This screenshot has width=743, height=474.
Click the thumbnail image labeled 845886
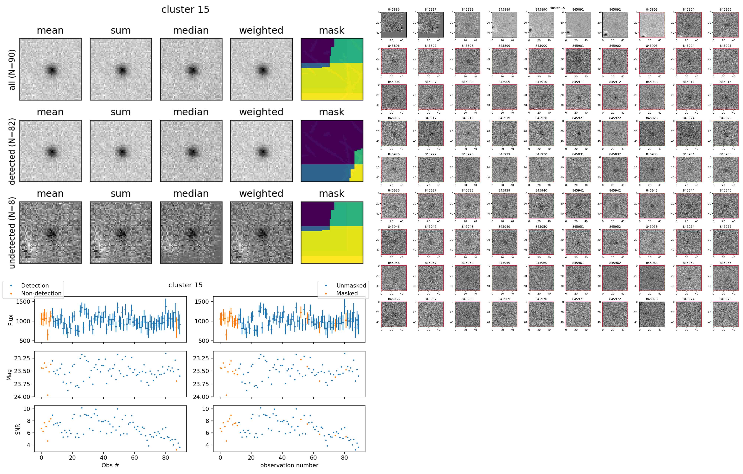click(x=394, y=25)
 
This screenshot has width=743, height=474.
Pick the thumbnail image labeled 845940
click(x=541, y=206)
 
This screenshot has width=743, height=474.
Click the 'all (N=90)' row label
click(x=12, y=70)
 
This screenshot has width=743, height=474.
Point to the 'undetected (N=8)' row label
click(x=12, y=235)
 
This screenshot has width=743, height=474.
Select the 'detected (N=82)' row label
click(x=12, y=151)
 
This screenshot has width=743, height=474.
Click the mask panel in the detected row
click(x=332, y=151)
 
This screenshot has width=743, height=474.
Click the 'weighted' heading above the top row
click(x=261, y=30)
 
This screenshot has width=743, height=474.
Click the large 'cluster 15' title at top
click(x=185, y=9)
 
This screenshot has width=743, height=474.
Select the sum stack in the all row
click(x=121, y=69)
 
